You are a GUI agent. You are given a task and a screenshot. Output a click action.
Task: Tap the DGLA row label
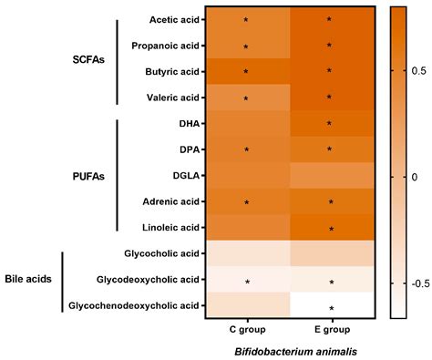pos(185,174)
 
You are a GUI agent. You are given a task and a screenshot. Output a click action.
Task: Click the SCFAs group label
pos(90,57)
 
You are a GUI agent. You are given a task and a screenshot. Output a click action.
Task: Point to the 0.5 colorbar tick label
pos(418,68)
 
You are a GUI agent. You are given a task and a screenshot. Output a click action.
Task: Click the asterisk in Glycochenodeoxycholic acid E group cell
pos(330,309)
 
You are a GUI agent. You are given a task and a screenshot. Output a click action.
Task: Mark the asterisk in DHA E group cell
pos(330,123)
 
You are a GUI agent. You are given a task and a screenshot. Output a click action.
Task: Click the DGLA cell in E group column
pos(330,174)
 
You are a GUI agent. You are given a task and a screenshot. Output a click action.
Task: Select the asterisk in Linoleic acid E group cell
pos(330,229)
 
